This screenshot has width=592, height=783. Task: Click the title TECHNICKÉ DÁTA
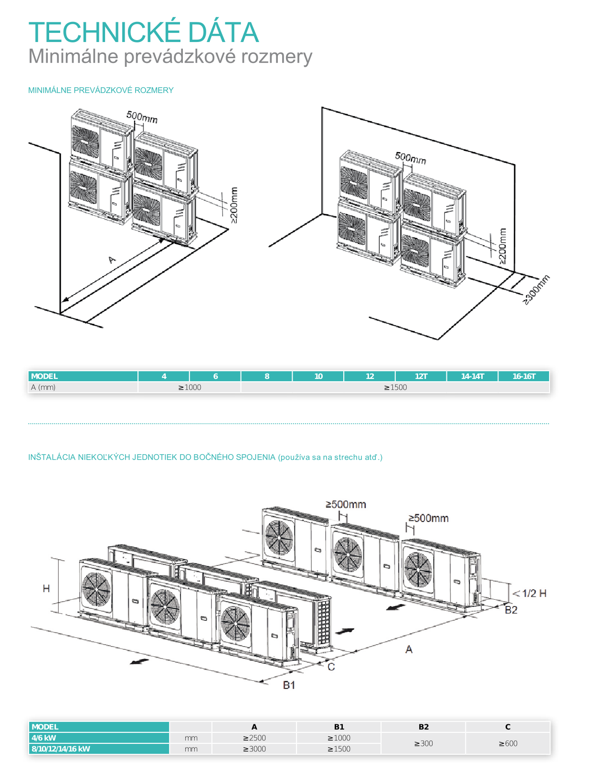pyautogui.click(x=143, y=32)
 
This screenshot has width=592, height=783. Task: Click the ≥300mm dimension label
pyautogui.click(x=536, y=289)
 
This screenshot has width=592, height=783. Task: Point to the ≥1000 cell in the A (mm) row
pyautogui.click(x=190, y=387)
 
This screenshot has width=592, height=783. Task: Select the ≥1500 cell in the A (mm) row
pyautogui.click(x=395, y=387)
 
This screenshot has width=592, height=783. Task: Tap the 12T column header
pyautogui.click(x=421, y=376)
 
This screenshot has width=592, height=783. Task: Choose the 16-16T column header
pyautogui.click(x=523, y=376)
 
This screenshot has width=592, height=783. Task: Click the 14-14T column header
pyautogui.click(x=472, y=376)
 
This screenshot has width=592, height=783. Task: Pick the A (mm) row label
pyautogui.click(x=43, y=387)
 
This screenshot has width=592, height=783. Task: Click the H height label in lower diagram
pyautogui.click(x=46, y=588)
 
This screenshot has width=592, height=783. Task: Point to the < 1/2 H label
pyautogui.click(x=529, y=593)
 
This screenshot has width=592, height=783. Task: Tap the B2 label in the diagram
pyautogui.click(x=511, y=610)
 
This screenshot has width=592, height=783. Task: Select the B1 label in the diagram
pyautogui.click(x=289, y=685)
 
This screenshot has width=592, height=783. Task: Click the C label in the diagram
pyautogui.click(x=331, y=667)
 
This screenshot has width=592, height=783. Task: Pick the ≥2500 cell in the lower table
pyautogui.click(x=254, y=738)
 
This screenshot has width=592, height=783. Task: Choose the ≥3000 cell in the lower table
pyautogui.click(x=254, y=749)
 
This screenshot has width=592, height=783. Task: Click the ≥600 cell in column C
pyautogui.click(x=508, y=743)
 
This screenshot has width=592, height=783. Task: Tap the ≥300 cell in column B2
pyautogui.click(x=423, y=743)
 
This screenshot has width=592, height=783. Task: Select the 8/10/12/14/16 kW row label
pyautogui.click(x=61, y=749)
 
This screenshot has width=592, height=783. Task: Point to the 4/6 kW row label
pyautogui.click(x=43, y=738)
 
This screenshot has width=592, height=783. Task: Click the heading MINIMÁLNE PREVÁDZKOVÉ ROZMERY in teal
pyautogui.click(x=101, y=90)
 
